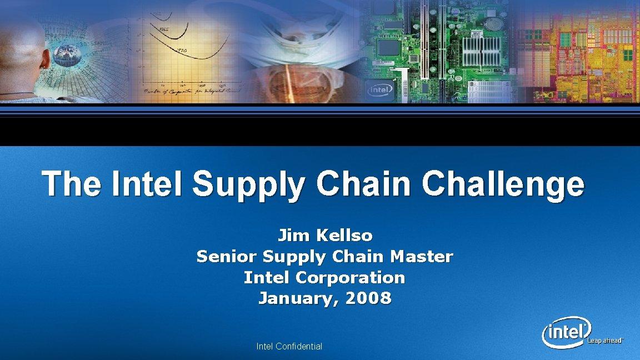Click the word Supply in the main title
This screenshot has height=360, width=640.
[x=248, y=184]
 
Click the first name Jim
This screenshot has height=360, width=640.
[x=293, y=236]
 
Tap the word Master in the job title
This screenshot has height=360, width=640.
[x=422, y=257]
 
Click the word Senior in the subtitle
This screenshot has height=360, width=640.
[x=226, y=257]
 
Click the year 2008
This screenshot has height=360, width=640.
[x=368, y=298]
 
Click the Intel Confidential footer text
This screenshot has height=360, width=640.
[x=289, y=346]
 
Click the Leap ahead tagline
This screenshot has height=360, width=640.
[x=606, y=341]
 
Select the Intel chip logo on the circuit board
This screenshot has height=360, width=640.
[x=381, y=89]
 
